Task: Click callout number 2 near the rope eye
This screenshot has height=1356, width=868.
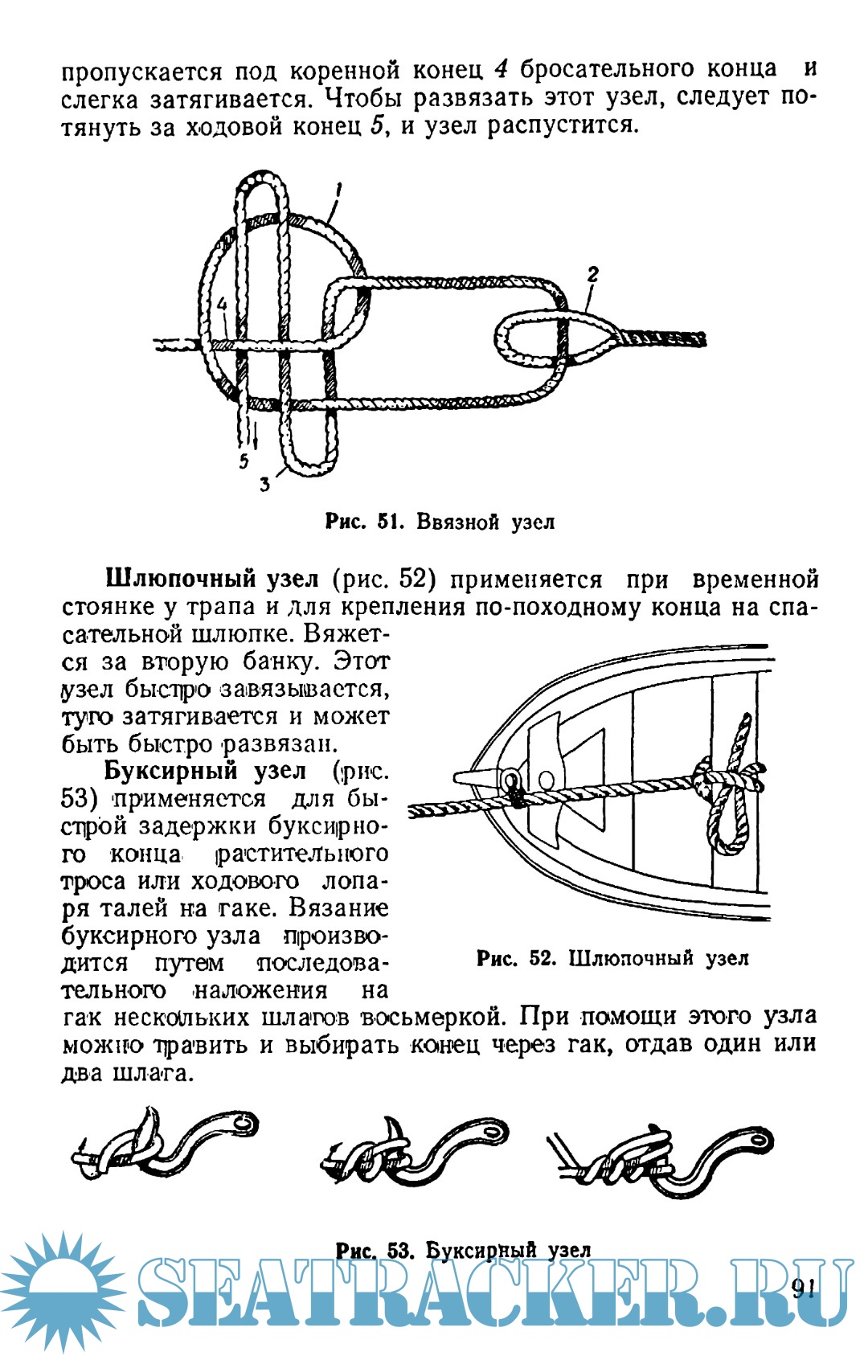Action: tap(592, 275)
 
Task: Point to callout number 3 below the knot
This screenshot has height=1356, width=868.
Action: tap(264, 485)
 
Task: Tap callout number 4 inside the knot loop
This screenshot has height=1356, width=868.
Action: tap(223, 305)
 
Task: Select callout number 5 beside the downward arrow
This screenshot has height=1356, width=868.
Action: tap(244, 461)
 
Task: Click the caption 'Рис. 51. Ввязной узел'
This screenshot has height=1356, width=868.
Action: tap(440, 522)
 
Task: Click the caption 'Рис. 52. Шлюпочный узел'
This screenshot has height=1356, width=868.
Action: tap(612, 958)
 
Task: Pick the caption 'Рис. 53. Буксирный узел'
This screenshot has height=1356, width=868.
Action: tap(463, 1251)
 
